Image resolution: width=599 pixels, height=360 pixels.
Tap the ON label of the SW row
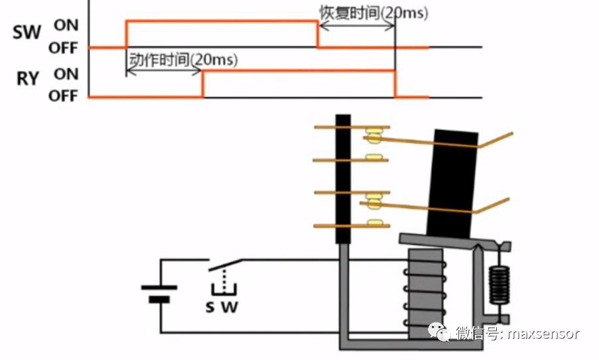click(x=66, y=25)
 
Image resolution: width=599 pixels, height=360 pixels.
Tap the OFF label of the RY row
click(x=63, y=96)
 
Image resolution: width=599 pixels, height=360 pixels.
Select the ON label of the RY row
click(x=66, y=74)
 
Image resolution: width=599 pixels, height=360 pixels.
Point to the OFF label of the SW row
click(x=63, y=48)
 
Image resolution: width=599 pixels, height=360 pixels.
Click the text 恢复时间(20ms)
click(x=373, y=13)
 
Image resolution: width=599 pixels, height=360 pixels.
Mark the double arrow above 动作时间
click(x=164, y=70)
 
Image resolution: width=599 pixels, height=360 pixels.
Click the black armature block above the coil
click(x=454, y=182)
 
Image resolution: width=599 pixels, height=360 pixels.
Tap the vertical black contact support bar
click(x=342, y=179)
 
